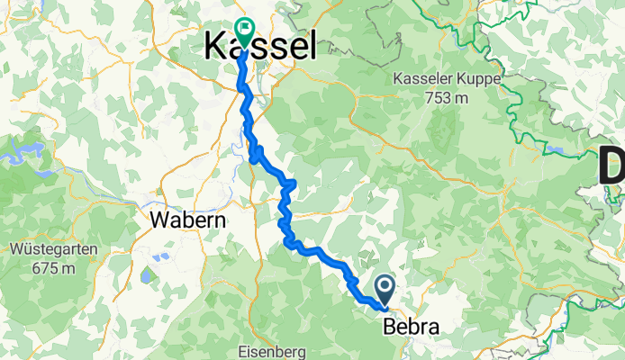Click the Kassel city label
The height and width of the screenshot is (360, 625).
pos(261,44)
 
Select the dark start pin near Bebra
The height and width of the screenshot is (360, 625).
pos(385,290)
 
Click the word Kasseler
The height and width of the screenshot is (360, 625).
pos(422,80)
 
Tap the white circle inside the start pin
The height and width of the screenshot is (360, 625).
pos(385,286)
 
